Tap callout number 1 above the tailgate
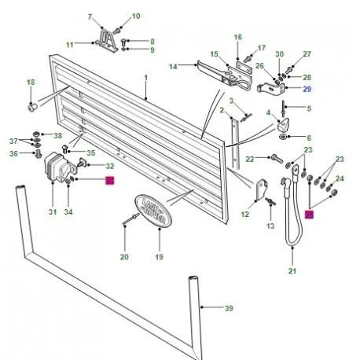click(145, 76)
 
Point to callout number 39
click(229, 309)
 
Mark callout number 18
click(31, 82)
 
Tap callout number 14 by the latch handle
click(174, 68)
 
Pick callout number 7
click(89, 17)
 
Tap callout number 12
click(244, 214)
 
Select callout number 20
click(124, 256)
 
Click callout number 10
click(135, 16)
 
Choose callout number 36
click(13, 154)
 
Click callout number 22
click(249, 159)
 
